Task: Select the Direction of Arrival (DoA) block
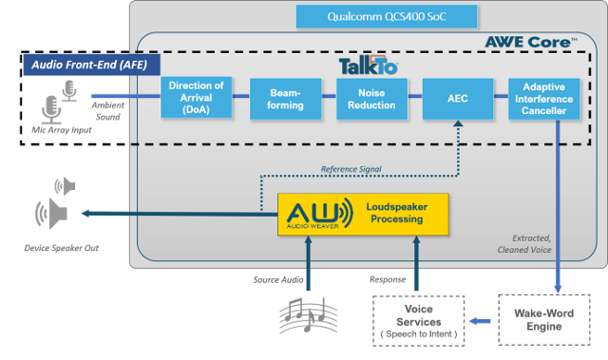(196, 98)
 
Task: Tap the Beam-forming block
(277, 100)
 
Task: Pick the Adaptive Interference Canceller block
(544, 99)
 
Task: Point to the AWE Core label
(531, 42)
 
